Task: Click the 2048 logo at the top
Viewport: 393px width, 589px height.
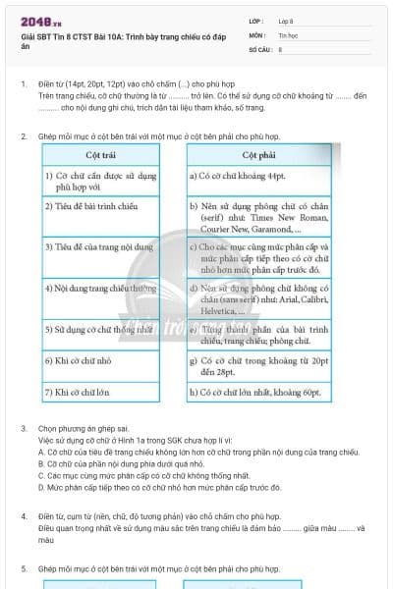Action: tap(36, 19)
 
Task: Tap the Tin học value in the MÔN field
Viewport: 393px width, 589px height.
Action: tap(289, 34)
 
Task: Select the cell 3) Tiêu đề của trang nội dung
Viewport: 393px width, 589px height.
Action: tap(97, 247)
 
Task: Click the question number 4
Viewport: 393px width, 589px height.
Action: tap(24, 515)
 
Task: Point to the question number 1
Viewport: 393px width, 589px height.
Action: tap(24, 84)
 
